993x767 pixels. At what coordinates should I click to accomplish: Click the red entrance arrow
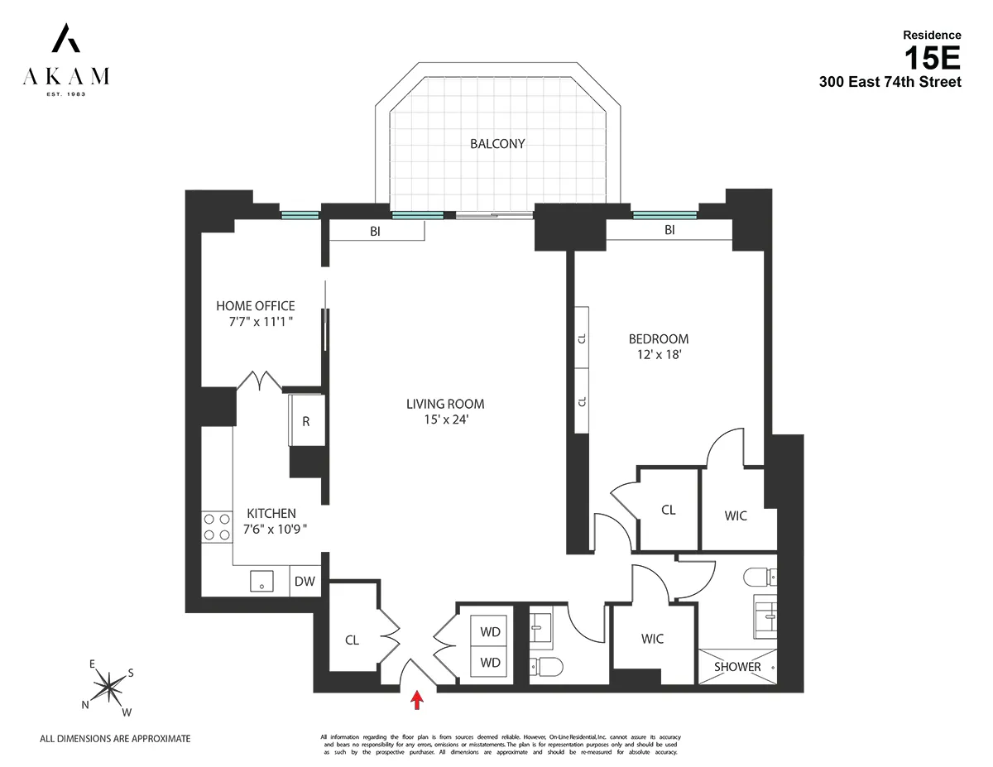click(x=417, y=700)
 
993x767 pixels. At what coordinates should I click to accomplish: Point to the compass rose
click(x=108, y=685)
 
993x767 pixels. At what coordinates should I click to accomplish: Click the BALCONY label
click(x=497, y=143)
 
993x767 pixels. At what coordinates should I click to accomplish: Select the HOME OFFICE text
click(x=255, y=306)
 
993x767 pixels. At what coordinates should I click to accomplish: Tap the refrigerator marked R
click(x=305, y=420)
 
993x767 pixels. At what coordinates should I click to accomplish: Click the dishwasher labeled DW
click(x=305, y=582)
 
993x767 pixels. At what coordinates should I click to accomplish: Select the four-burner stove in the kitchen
click(x=217, y=527)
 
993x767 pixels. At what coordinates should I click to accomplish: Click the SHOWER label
click(x=737, y=667)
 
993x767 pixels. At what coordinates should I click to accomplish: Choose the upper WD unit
click(x=491, y=631)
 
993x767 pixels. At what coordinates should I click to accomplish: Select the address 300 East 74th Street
click(x=890, y=82)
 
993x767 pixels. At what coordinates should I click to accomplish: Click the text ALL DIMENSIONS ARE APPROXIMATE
click(x=116, y=738)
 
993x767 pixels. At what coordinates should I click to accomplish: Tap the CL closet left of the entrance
click(x=352, y=640)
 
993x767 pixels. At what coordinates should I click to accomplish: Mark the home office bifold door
click(x=259, y=381)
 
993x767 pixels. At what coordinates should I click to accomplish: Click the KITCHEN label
click(x=271, y=513)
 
